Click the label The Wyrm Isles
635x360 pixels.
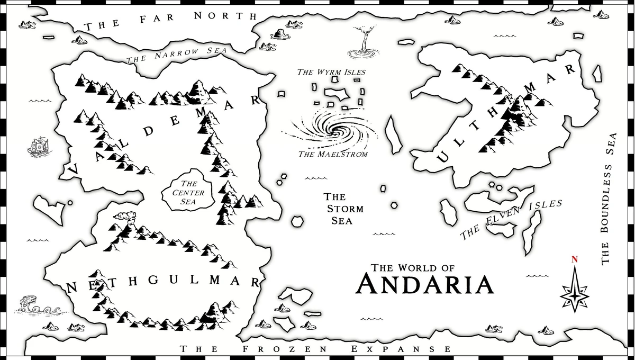pyautogui.click(x=331, y=72)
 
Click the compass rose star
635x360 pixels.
pyautogui.click(x=574, y=290)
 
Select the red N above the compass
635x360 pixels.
pyautogui.click(x=574, y=259)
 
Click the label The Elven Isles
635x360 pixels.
pyautogui.click(x=510, y=219)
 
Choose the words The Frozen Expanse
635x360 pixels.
pyautogui.click(x=316, y=349)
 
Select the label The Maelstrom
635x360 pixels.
pyautogui.click(x=332, y=154)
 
